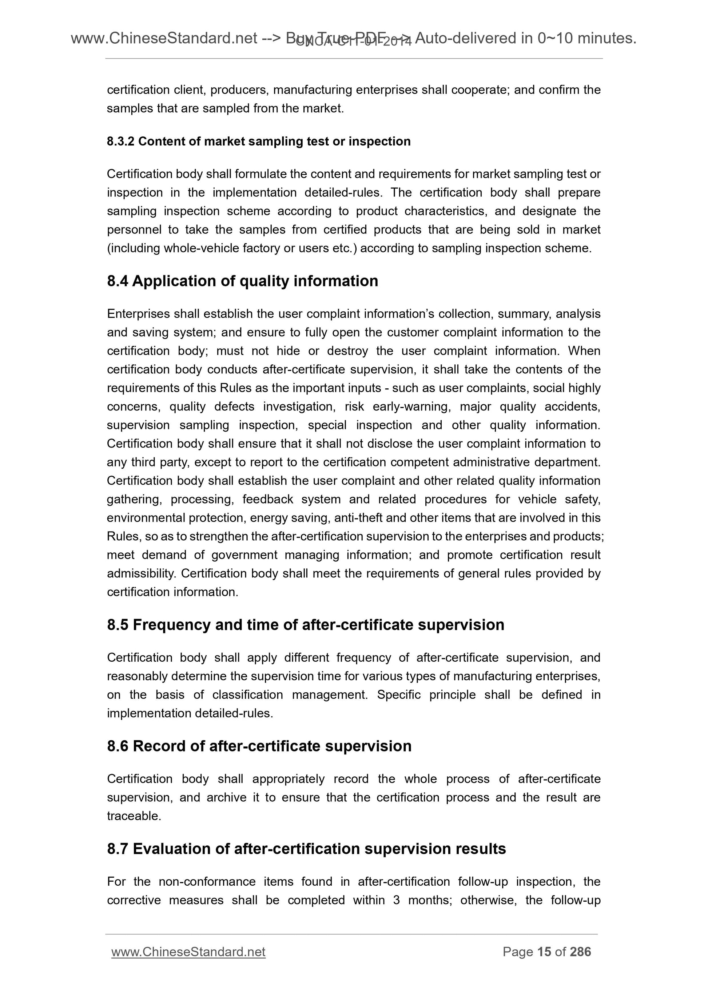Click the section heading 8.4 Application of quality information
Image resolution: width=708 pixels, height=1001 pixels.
(x=243, y=281)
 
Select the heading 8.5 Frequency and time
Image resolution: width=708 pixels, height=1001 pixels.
(x=305, y=625)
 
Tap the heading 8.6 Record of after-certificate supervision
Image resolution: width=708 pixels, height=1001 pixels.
(x=259, y=746)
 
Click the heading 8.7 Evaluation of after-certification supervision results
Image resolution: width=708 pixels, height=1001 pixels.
(x=306, y=848)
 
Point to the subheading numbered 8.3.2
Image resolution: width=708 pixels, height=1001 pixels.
(x=259, y=141)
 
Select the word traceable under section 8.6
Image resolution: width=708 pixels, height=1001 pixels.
(x=134, y=816)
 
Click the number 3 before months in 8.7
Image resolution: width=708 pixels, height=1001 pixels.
(x=396, y=900)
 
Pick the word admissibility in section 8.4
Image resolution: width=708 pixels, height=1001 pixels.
(x=142, y=573)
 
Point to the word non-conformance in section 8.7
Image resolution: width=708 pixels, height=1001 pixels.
(x=207, y=881)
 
